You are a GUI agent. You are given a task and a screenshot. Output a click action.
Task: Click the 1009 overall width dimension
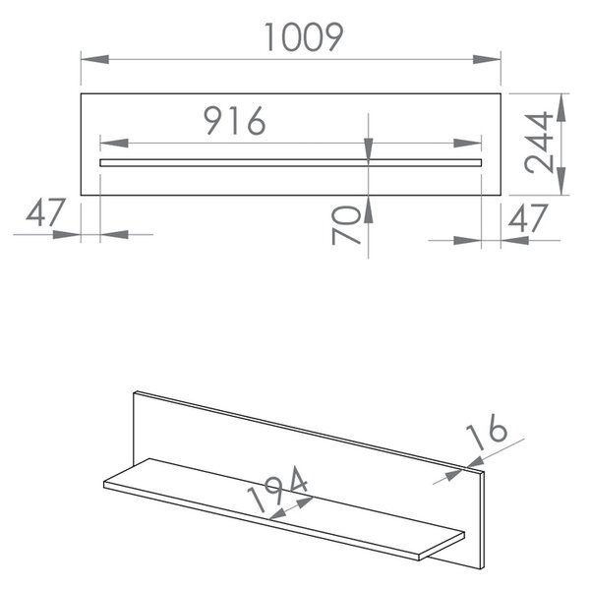304,37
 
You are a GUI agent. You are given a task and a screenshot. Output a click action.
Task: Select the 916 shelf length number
235,120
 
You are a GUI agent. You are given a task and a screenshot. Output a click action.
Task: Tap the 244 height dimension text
539,143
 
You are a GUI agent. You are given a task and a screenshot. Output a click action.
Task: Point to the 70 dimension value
346,225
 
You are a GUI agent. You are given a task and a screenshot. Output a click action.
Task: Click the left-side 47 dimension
46,212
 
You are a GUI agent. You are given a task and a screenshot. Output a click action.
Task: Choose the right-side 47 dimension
528,217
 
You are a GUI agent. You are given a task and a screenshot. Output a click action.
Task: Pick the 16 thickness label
487,432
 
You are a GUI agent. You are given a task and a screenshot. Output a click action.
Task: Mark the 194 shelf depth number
277,489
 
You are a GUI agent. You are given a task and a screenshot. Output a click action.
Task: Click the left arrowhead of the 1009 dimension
95,59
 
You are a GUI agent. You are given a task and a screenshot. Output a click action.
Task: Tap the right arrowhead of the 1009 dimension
487,59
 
